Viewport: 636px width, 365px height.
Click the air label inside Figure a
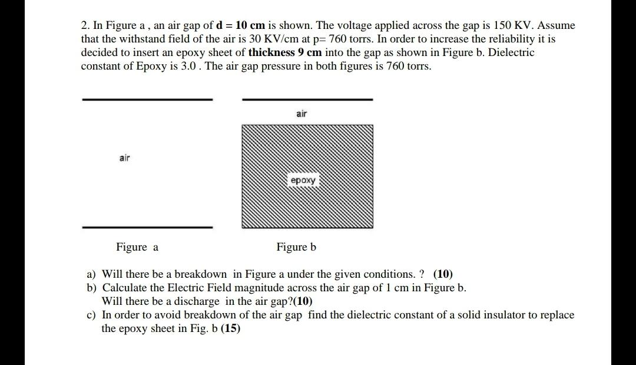(124, 157)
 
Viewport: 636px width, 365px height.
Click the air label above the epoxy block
(302, 113)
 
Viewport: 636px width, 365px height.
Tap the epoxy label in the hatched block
(303, 180)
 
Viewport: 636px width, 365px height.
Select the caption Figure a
(137, 247)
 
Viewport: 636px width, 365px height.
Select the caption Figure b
(296, 247)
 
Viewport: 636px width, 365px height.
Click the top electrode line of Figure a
(147, 100)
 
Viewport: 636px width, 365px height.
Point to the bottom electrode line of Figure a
(147, 227)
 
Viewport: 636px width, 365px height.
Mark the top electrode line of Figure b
(307, 100)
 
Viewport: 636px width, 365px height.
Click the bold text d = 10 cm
(241, 25)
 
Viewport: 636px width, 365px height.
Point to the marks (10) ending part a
(443, 274)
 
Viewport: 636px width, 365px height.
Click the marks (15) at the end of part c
(231, 328)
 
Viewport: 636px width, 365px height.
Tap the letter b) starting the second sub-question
(91, 288)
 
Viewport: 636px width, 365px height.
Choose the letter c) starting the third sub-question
(91, 315)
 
